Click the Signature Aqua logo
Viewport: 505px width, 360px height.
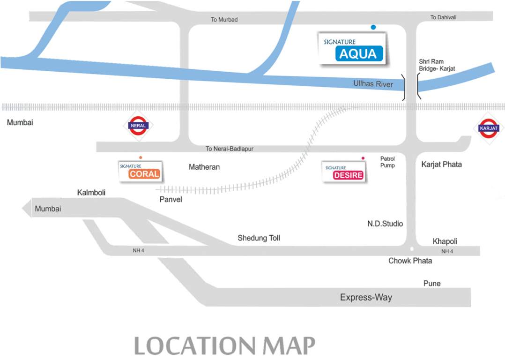[x=352, y=49]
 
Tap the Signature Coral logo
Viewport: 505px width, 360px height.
[x=140, y=172]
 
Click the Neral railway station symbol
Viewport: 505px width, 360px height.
[x=139, y=126]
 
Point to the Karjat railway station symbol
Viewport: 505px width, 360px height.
[x=489, y=128]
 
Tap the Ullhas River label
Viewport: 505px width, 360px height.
[x=373, y=84]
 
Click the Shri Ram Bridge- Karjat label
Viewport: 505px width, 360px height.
[x=437, y=65]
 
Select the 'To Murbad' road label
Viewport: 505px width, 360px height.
[x=224, y=20]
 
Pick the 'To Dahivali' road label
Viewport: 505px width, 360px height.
[x=443, y=17]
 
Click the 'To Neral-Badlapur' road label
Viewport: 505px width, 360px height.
[x=230, y=149]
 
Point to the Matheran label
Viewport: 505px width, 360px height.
[x=204, y=167]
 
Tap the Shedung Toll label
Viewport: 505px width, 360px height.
[x=259, y=238]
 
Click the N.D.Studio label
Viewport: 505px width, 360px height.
[x=385, y=224]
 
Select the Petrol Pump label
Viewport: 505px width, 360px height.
[x=387, y=162]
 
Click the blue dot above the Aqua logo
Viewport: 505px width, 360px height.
[x=373, y=27]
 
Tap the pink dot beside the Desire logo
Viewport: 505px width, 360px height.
[x=363, y=158]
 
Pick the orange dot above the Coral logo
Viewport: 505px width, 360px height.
[x=140, y=157]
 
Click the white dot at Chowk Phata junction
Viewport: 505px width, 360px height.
[x=412, y=249]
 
